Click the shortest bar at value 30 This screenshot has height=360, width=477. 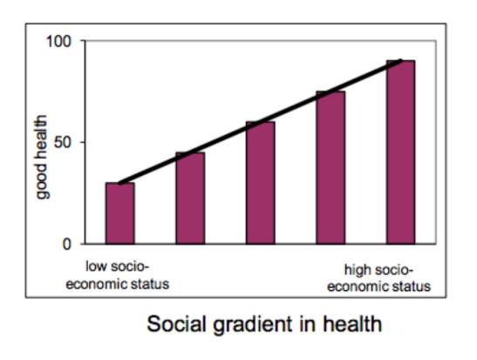[x=119, y=214]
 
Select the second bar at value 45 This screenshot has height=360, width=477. [x=190, y=198]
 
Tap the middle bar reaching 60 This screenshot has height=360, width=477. [x=260, y=183]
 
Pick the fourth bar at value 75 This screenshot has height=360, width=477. [x=330, y=167]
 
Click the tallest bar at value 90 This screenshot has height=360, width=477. [x=400, y=152]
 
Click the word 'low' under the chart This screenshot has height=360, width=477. [x=97, y=264]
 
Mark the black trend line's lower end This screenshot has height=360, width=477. [x=119, y=182]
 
